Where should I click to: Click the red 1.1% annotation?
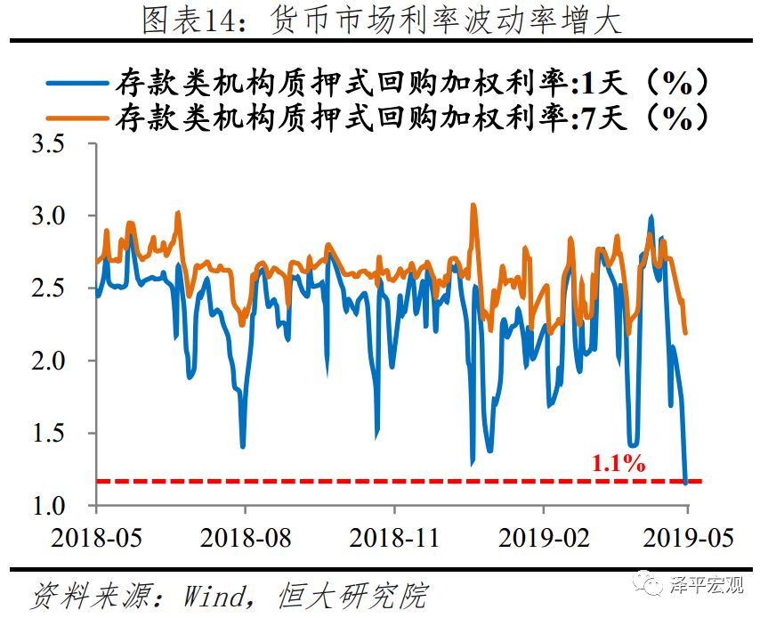click(x=618, y=462)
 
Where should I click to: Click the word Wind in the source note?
click(x=213, y=595)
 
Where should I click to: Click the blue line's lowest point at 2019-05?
click(x=685, y=482)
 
